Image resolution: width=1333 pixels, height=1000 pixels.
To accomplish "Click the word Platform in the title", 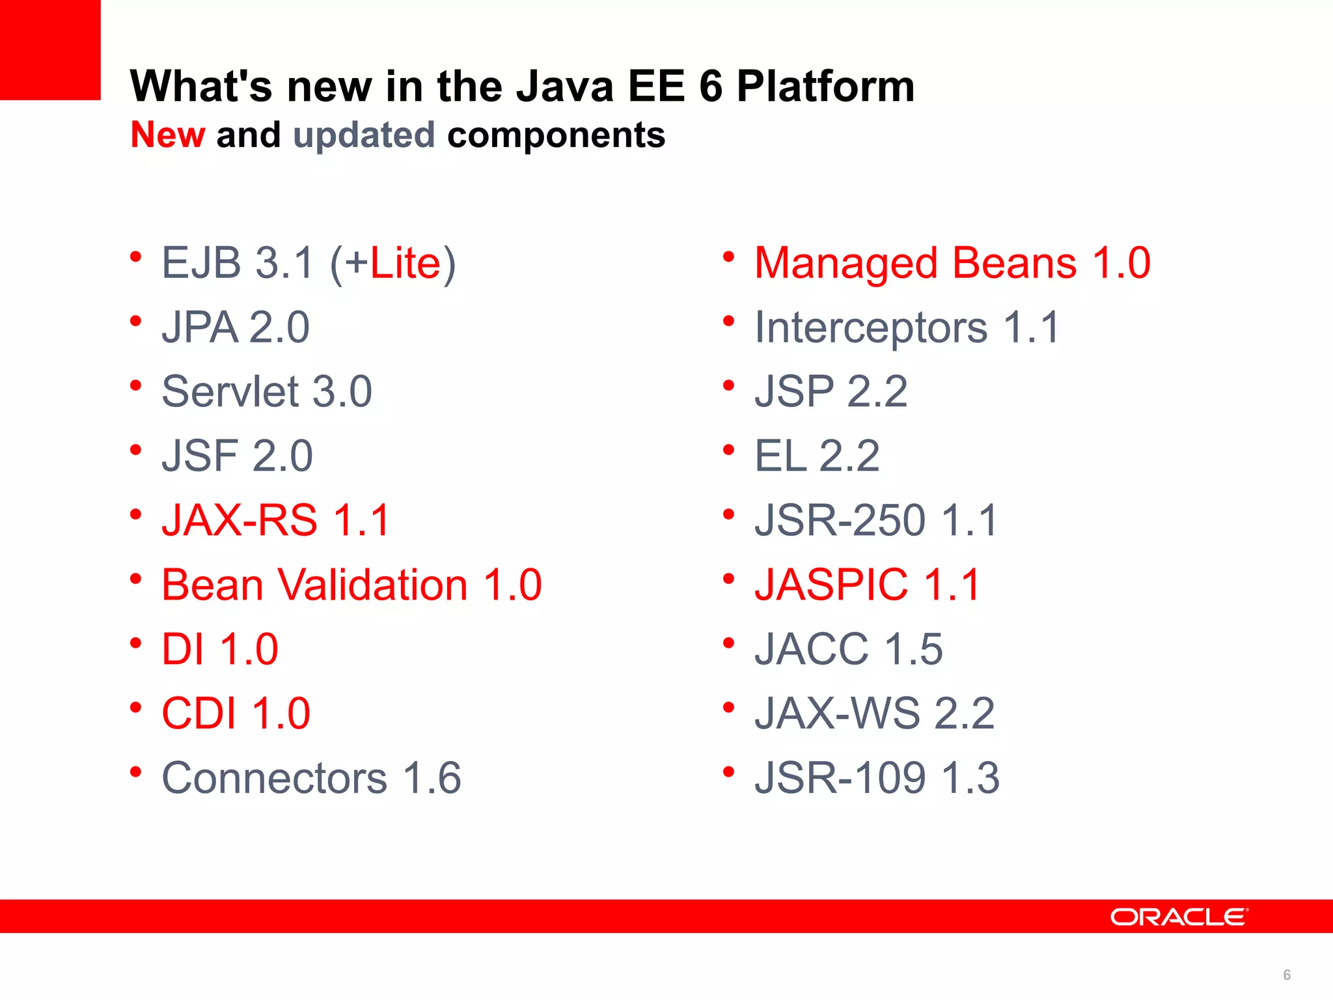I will (x=825, y=87).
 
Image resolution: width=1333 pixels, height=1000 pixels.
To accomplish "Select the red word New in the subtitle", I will (x=168, y=135).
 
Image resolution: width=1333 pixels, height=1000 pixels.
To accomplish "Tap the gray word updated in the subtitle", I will (x=364, y=136).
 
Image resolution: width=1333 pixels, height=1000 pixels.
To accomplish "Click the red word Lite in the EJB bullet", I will (x=405, y=263).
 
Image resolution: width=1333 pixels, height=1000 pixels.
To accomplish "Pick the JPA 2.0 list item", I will (x=236, y=327).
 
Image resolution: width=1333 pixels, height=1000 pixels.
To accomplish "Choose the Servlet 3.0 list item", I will (x=267, y=392).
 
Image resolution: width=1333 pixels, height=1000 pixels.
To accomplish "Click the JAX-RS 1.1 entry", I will (x=275, y=520).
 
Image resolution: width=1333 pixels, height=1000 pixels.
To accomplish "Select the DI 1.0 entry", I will (x=220, y=649).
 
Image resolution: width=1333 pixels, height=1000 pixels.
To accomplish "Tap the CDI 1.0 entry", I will (x=236, y=714).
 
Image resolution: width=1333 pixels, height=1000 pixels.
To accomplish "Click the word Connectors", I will (x=274, y=778).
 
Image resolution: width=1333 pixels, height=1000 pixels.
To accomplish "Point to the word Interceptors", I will (x=871, y=327).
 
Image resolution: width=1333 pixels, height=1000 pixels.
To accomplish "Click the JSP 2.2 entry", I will (x=831, y=392).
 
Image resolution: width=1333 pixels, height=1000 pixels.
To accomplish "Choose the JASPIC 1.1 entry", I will (x=867, y=585).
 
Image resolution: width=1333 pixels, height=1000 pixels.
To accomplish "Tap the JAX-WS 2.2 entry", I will (x=874, y=714).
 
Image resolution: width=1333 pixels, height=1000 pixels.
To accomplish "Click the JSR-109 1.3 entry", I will (x=877, y=778).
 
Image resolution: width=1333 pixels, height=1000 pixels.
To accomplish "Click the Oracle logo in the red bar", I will (x=1179, y=917).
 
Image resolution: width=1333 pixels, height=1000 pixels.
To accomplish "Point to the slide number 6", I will (x=1287, y=975).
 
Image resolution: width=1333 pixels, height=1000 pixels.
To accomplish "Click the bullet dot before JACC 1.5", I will (x=728, y=643).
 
